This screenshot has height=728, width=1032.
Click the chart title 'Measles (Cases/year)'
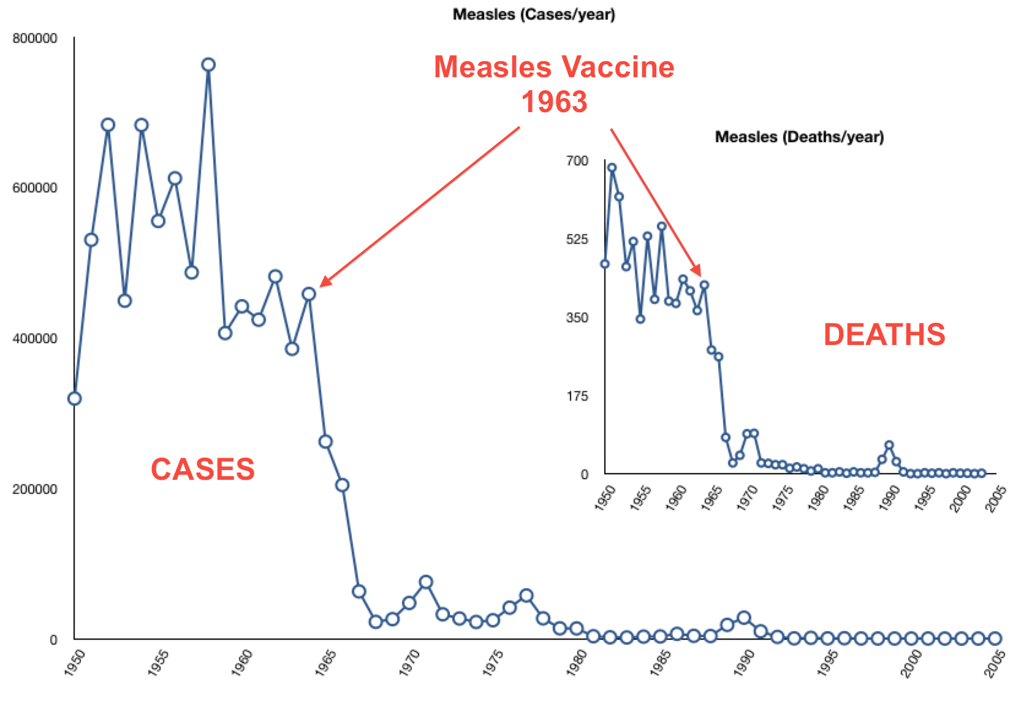[x=533, y=14]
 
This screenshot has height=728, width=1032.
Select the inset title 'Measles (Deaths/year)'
[x=799, y=137]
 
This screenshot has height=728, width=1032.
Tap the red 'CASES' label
[x=203, y=469]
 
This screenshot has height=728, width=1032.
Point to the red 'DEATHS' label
[x=884, y=335]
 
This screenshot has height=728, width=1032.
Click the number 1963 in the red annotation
[x=554, y=102]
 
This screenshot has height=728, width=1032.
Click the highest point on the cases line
[x=208, y=65]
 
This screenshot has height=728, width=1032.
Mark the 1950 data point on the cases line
[x=74, y=398]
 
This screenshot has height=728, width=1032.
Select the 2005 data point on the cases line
[x=995, y=639]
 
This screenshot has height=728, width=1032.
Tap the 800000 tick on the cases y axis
[x=35, y=39]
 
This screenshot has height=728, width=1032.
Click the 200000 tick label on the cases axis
[x=35, y=489]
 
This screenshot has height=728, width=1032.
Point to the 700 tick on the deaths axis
[x=577, y=161]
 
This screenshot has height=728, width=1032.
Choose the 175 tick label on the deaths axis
[x=577, y=396]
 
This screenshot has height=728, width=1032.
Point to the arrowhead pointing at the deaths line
[x=697, y=272]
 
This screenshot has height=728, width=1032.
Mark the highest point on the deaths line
[x=612, y=167]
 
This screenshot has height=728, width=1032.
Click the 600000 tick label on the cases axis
[x=35, y=188]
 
